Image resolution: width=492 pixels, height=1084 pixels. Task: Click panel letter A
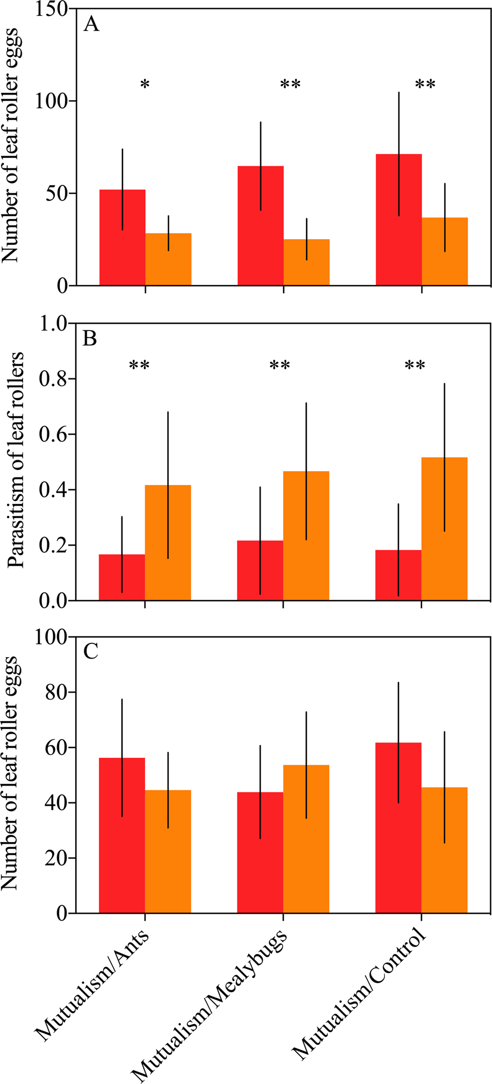[91, 25]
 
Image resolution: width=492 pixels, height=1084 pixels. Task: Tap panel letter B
[90, 338]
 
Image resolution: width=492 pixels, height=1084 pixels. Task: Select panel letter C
[90, 652]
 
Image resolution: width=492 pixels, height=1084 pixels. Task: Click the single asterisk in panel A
[145, 84]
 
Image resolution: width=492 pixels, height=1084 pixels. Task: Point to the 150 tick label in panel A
[56, 9]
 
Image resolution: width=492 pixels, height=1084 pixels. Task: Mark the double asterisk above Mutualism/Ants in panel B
[139, 365]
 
